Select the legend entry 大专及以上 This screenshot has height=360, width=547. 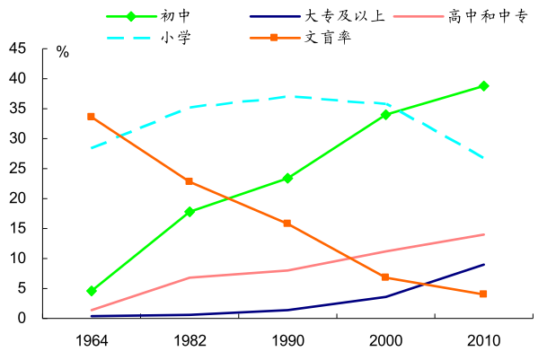click(351, 16)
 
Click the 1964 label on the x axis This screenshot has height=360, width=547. click(92, 340)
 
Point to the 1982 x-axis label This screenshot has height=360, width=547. click(190, 340)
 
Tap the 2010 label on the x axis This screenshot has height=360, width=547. click(483, 340)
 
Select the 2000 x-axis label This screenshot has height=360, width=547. click(385, 340)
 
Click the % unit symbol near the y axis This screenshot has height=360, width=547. click(62, 52)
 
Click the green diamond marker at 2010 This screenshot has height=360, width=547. click(483, 86)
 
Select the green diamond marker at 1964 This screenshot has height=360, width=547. click(92, 291)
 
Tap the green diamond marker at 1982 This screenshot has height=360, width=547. click(190, 212)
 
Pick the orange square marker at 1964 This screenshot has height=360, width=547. click(92, 117)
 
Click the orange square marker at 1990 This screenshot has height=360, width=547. click(287, 224)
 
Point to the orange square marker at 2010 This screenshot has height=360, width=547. click(483, 294)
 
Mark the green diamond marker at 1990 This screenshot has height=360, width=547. click(287, 178)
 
